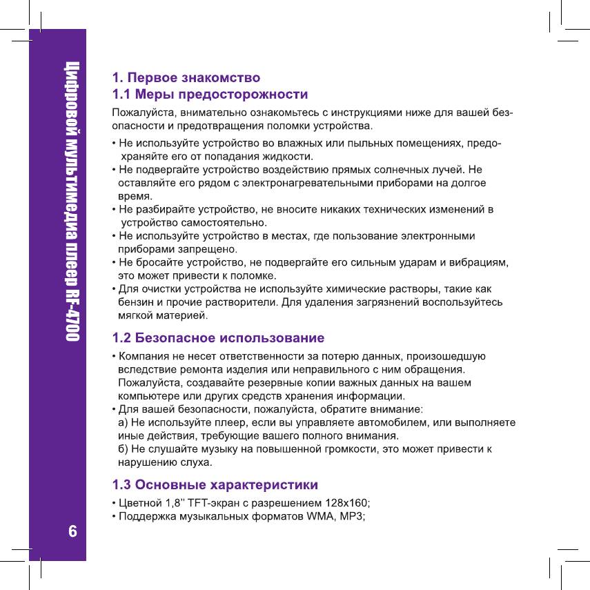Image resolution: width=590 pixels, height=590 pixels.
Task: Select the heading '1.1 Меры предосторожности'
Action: click(210, 92)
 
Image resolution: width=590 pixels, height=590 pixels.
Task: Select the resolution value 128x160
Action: click(346, 502)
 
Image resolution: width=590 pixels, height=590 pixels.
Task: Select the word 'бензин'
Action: click(135, 302)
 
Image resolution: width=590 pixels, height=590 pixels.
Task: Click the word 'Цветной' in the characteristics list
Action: click(140, 502)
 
